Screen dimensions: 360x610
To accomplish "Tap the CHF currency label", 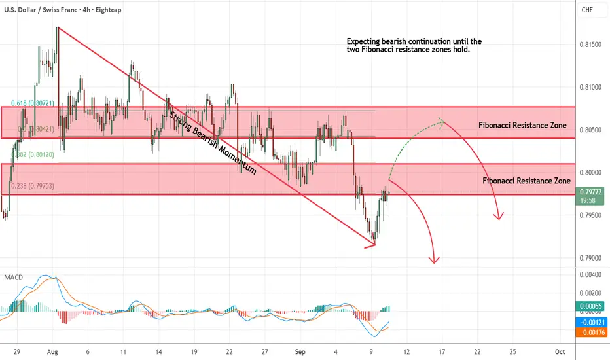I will pyautogui.click(x=587, y=10).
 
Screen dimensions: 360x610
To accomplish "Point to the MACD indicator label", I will pyautogui.click(x=13, y=278).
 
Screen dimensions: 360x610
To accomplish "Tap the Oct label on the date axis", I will pyautogui.click(x=560, y=351).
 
